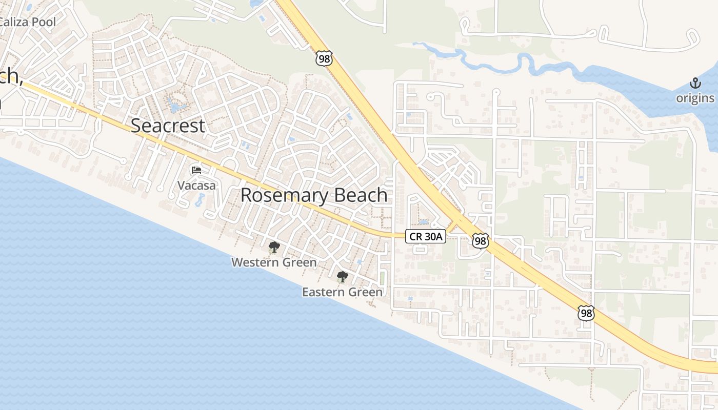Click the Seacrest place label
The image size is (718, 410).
pos(168,126)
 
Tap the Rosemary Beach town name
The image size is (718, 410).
pos(314,195)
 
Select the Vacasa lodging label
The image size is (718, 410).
pos(196,185)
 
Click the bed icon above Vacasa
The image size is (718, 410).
pos(196,170)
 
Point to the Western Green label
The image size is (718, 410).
pos(274,262)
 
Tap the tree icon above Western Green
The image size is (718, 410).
pos(274,248)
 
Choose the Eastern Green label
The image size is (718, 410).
pos(342,292)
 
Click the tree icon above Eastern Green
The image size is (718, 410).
pos(342,277)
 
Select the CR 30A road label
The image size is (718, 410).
pos(426,236)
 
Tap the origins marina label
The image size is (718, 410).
pos(695,98)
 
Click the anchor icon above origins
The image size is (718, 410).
pos(695,83)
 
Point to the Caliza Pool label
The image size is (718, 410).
pos(28,22)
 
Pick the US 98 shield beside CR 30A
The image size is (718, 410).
pos(480,241)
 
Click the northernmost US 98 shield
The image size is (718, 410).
pos(324,58)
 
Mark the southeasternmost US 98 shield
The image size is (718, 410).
pos(586,313)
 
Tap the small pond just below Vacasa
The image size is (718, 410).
pos(200,200)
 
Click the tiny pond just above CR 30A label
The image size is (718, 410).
pos(424,222)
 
